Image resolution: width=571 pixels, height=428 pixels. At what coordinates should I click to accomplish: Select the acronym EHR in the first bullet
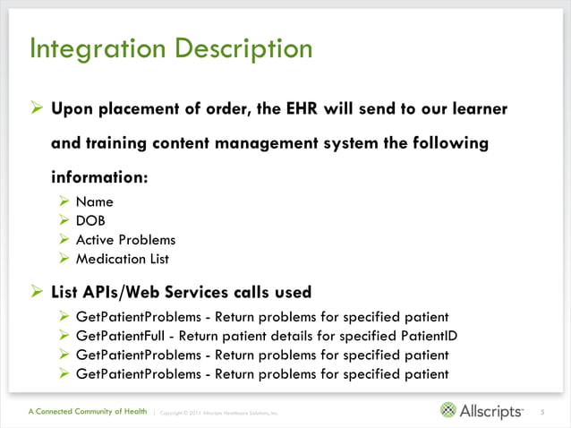coord(296,109)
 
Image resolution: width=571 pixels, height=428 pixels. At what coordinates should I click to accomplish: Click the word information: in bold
coord(99,176)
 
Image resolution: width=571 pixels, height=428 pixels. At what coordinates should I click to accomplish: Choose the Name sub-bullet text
coord(94,201)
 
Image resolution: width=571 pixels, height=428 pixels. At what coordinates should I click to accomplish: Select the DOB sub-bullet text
coord(91,221)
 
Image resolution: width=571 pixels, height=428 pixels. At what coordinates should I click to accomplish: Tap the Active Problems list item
coord(125,240)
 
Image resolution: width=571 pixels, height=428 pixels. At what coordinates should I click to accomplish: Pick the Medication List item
coord(123,260)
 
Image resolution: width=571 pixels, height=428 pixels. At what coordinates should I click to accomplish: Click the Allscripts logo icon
coord(448,410)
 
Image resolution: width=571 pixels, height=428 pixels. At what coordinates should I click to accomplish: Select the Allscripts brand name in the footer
coord(491,411)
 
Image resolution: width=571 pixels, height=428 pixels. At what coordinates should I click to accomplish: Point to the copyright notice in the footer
coord(219,413)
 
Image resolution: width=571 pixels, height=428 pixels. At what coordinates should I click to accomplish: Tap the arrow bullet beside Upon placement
coord(37,109)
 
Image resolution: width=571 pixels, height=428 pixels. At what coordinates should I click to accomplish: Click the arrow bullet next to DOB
coord(64,221)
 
